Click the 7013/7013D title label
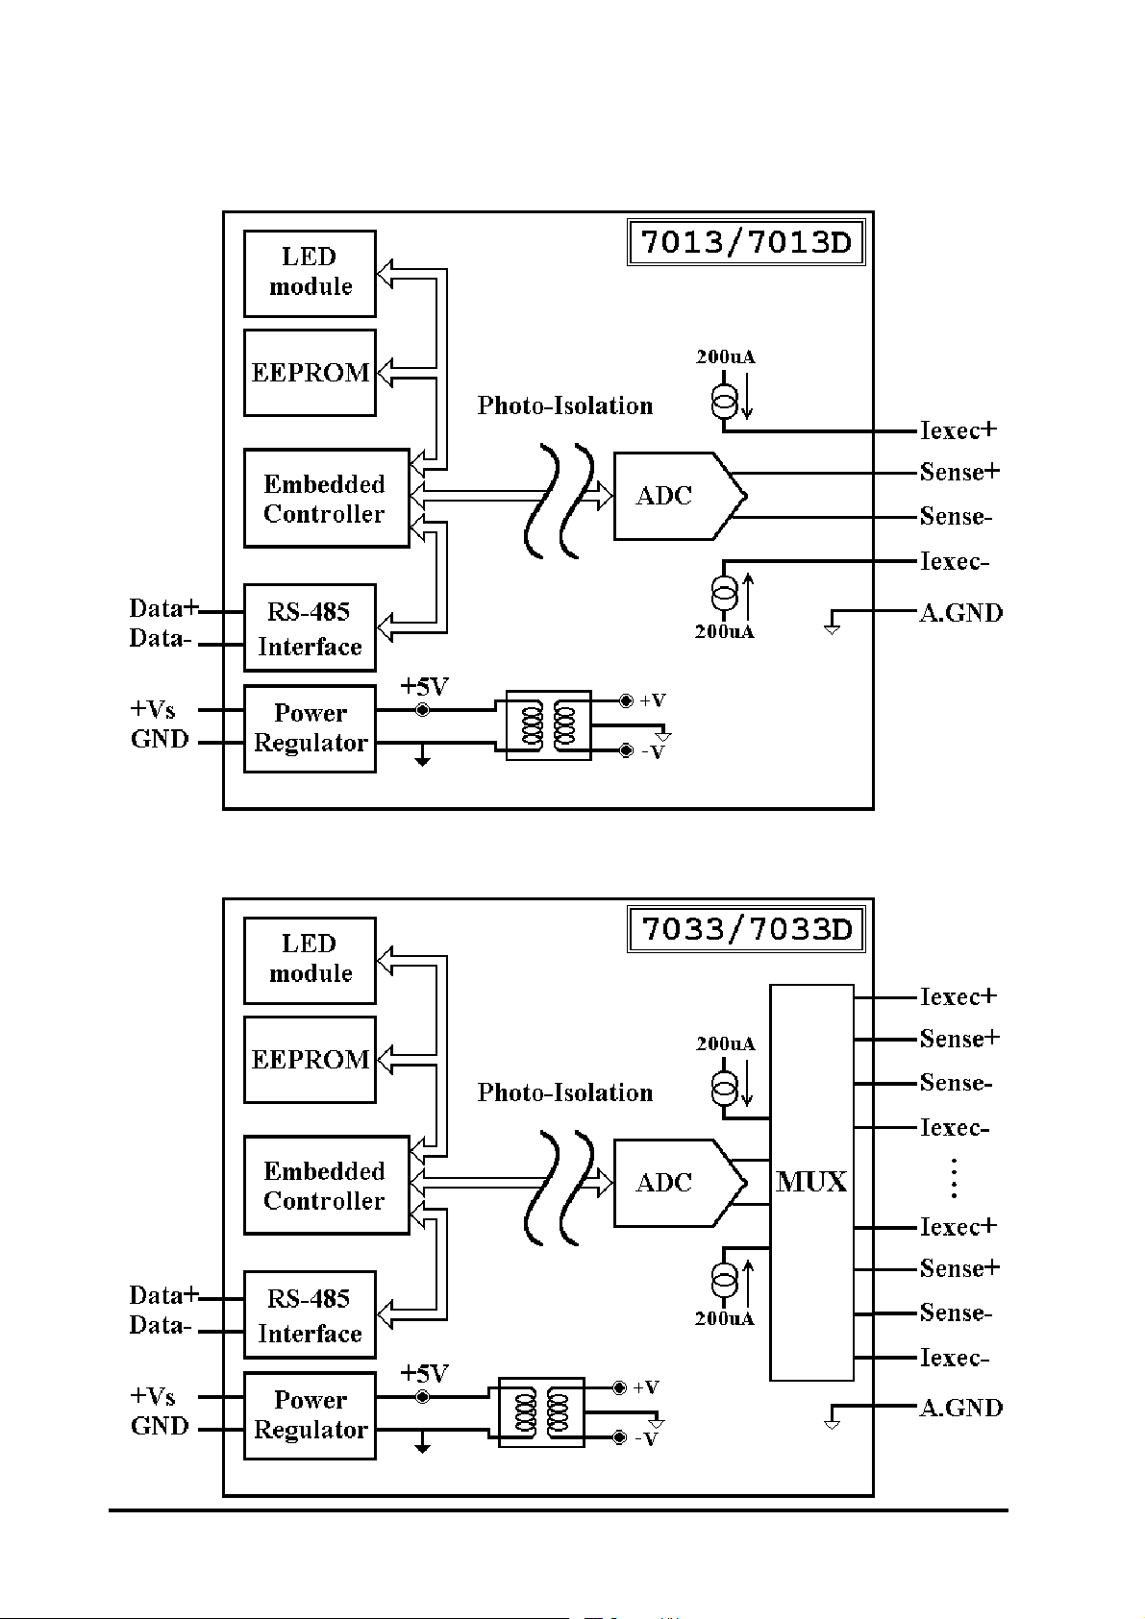[746, 242]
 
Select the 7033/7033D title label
[746, 929]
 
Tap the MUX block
[811, 1183]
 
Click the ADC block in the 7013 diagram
[680, 496]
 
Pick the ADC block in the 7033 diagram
[680, 1183]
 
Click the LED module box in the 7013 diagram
[310, 273]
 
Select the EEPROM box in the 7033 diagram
[310, 1060]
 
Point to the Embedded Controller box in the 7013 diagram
[326, 498]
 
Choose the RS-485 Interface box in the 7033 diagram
[310, 1314]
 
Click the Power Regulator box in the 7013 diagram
[310, 728]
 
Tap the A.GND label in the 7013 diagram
[961, 613]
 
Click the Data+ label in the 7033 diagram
[163, 1294]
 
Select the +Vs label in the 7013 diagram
[153, 709]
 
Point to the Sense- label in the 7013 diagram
[956, 516]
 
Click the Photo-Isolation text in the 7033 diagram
[565, 1092]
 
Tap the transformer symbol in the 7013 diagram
[548, 724]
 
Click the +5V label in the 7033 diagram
[425, 1372]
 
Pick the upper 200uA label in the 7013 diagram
[726, 356]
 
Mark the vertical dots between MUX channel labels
[954, 1178]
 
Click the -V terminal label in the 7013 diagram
[653, 752]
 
